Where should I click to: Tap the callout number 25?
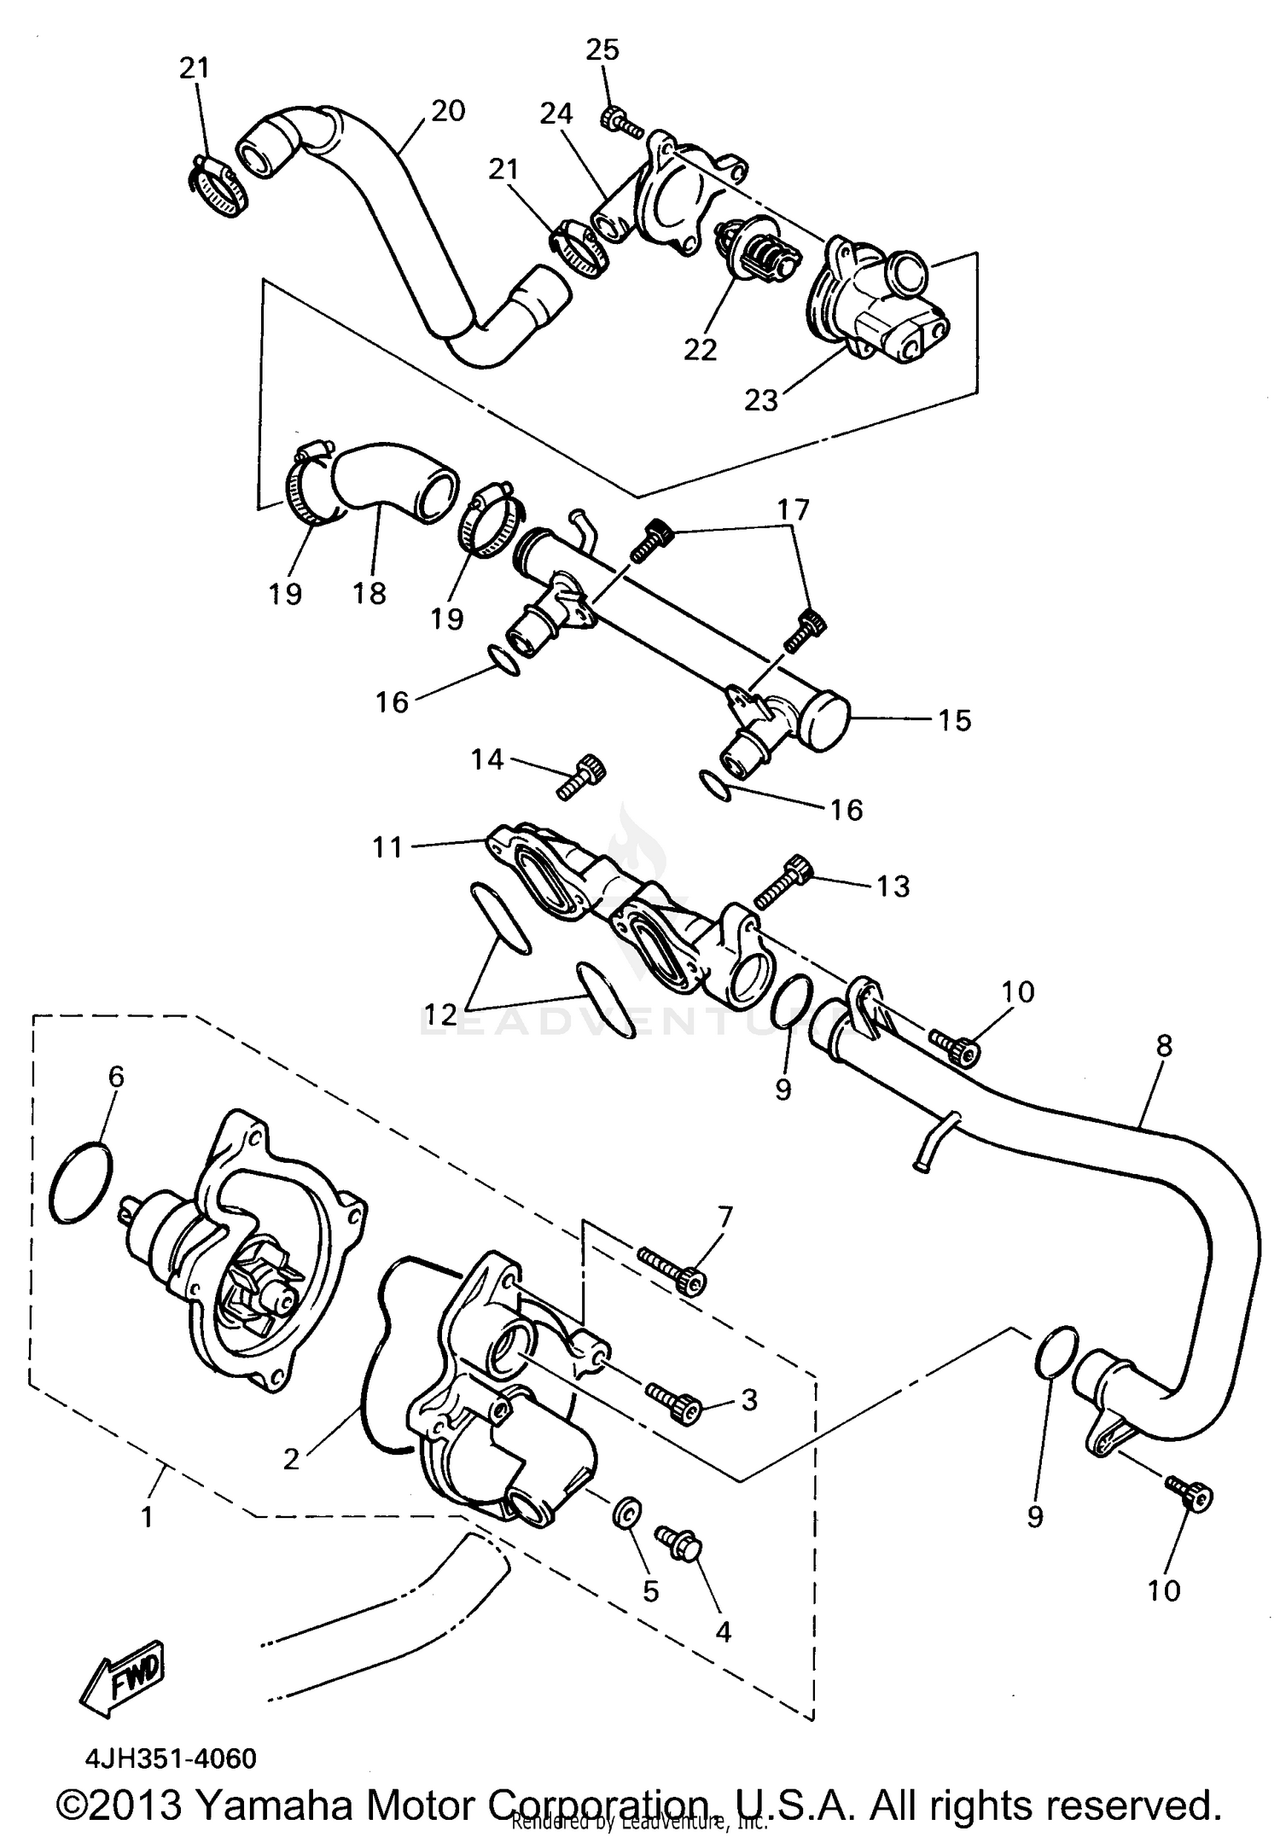click(602, 49)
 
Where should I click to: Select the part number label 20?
click(447, 111)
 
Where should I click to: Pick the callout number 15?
click(955, 720)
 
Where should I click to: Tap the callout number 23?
click(761, 399)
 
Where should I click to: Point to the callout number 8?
click(1164, 1045)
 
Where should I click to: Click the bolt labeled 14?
click(582, 777)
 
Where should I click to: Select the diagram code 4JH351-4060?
click(170, 1759)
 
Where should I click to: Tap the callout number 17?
click(792, 510)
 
